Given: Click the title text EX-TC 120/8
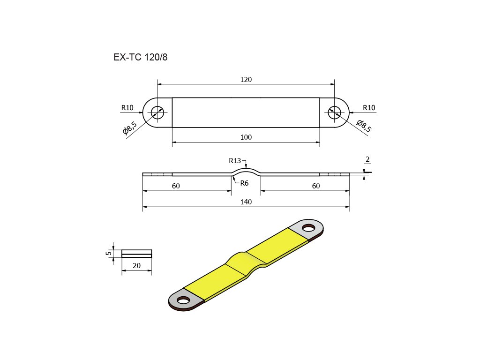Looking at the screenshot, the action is click(141, 57).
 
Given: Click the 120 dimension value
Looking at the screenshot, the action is click(246, 80).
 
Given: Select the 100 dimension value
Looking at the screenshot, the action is click(246, 137).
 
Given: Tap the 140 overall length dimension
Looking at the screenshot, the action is click(246, 202).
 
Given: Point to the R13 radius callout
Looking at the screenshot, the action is click(235, 161).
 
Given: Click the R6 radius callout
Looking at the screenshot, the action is click(244, 183).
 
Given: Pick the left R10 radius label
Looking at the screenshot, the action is click(127, 108).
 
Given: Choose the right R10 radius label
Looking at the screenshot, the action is click(369, 108).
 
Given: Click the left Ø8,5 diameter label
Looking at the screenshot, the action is click(130, 128).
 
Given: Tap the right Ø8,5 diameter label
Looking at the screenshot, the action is click(364, 126).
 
